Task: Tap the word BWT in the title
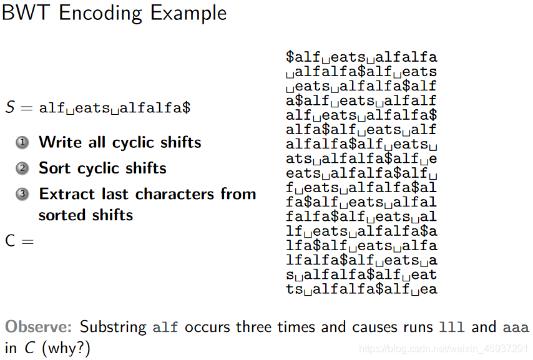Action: pos(26,13)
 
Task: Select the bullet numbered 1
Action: pos(23,143)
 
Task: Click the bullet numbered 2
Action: pos(23,168)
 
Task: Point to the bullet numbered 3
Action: pos(23,194)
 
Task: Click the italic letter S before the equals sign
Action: pos(9,107)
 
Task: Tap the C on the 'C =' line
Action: pos(10,240)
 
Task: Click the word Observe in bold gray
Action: pos(39,327)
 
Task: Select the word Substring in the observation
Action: pos(114,327)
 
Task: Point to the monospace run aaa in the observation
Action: pos(516,327)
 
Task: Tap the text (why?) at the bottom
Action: pos(66,348)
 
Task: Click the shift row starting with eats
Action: pos(361,173)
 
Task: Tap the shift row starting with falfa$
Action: pos(361,216)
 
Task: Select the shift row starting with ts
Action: pos(361,289)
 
